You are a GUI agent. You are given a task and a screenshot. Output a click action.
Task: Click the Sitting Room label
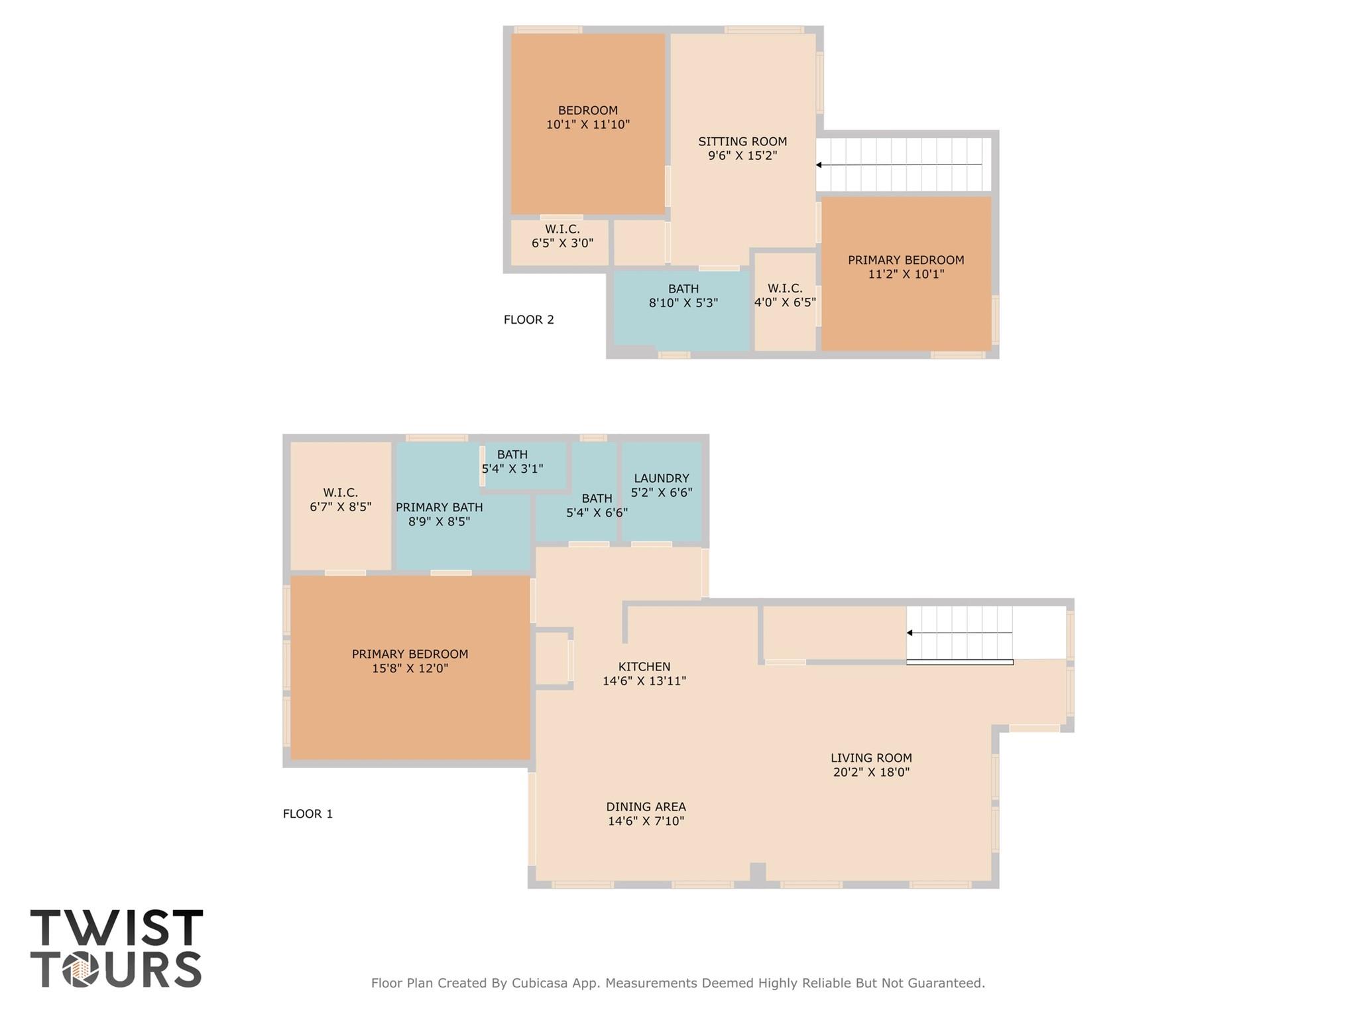pyautogui.click(x=742, y=141)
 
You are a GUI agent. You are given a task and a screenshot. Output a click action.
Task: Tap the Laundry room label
pyautogui.click(x=661, y=478)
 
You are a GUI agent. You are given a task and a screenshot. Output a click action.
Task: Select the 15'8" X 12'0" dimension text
pyautogui.click(x=410, y=668)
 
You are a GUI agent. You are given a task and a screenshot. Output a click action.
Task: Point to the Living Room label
pyautogui.click(x=871, y=758)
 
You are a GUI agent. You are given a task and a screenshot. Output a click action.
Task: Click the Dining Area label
pyautogui.click(x=646, y=807)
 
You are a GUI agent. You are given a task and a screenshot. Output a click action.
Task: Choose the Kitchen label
pyautogui.click(x=644, y=667)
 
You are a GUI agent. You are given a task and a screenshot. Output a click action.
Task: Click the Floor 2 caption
pyautogui.click(x=528, y=320)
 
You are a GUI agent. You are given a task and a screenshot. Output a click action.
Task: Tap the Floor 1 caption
pyautogui.click(x=308, y=814)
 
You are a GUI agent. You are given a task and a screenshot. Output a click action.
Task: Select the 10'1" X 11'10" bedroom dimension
pyautogui.click(x=587, y=125)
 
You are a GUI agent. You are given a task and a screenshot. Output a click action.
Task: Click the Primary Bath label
pyautogui.click(x=439, y=507)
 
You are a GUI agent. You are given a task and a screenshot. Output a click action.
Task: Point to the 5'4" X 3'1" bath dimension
pyautogui.click(x=512, y=469)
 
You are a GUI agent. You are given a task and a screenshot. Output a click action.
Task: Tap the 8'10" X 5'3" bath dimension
pyautogui.click(x=683, y=303)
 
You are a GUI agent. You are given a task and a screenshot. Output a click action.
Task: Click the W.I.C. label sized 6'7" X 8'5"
pyautogui.click(x=340, y=493)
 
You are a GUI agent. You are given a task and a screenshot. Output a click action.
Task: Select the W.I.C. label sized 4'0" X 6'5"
pyautogui.click(x=785, y=288)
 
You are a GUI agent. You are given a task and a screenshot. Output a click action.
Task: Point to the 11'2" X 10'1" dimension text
pyautogui.click(x=906, y=274)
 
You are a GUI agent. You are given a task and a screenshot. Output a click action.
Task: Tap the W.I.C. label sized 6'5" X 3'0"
pyautogui.click(x=562, y=229)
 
